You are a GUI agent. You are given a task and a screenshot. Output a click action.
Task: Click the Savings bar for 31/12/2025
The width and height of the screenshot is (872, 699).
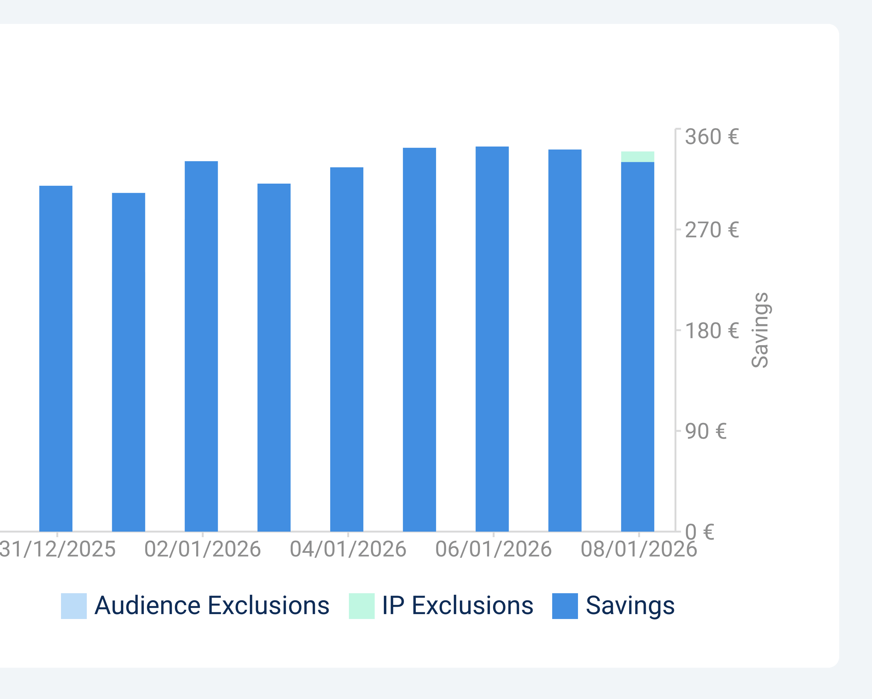[56, 358]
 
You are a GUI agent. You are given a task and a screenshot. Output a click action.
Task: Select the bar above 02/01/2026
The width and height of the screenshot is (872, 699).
[201, 346]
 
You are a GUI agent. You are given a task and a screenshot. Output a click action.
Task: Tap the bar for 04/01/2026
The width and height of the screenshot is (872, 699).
[347, 349]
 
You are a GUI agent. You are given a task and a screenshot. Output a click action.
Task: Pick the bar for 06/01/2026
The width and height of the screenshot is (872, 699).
[492, 339]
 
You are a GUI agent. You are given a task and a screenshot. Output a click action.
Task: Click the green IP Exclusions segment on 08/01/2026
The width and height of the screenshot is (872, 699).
[637, 157]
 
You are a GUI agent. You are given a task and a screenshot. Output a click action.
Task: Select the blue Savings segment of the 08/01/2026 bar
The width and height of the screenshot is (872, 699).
[637, 347]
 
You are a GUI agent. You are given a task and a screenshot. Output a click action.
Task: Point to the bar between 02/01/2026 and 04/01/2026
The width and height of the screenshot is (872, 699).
[274, 358]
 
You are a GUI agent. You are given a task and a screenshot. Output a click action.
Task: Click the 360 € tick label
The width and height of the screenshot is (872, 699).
[712, 137]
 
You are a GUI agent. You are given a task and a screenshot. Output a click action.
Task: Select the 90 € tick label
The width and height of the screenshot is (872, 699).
[706, 431]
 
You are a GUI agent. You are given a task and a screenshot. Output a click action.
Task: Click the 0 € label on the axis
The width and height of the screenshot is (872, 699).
[700, 532]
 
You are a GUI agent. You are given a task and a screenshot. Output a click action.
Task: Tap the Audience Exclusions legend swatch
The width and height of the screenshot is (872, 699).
[74, 606]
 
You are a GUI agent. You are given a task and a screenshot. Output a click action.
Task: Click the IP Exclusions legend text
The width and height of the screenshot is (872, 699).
[457, 606]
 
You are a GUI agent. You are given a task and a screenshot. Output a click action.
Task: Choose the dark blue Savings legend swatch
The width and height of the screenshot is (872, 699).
[565, 606]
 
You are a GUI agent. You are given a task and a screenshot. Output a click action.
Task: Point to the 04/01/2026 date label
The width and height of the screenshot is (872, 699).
[348, 549]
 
